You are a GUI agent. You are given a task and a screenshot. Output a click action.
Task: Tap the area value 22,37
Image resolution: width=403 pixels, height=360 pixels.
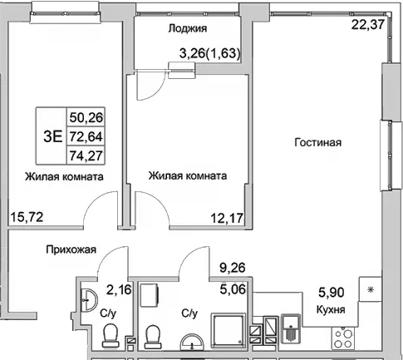coord(368,24)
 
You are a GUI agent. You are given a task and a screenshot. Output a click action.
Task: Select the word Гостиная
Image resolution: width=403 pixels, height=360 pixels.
coord(317,143)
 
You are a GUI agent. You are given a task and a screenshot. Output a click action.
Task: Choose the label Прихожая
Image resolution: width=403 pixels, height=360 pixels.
coord(71,249)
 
